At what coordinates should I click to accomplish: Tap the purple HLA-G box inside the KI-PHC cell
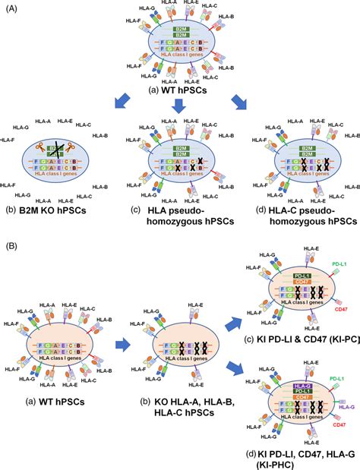[x=295, y=386]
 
